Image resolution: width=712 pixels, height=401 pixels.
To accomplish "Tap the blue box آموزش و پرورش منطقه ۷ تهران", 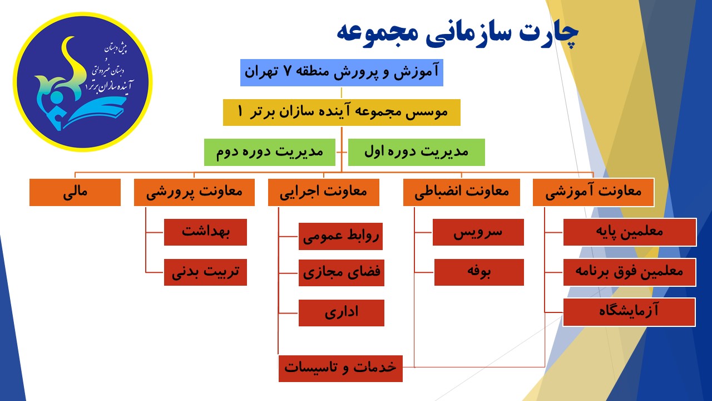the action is [x=342, y=72].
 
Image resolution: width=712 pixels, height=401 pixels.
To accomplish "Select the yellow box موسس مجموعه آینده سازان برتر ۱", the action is [x=342, y=113].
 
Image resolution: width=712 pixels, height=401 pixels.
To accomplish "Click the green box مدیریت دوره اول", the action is [x=417, y=152].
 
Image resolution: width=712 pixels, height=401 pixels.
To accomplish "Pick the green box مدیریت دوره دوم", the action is [x=270, y=152].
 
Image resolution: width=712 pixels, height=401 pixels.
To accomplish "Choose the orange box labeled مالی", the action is [x=75, y=192].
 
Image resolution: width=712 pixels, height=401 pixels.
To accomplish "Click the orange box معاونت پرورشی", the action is [x=194, y=192].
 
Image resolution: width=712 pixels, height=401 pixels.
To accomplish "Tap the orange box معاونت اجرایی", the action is [x=324, y=192].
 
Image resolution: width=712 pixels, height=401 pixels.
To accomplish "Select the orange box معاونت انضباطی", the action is [x=462, y=192].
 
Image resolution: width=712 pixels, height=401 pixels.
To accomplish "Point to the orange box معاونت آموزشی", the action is [x=594, y=192].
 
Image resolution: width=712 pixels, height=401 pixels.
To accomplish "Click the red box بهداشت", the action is [x=205, y=232].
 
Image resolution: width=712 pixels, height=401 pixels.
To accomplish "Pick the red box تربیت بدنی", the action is [x=205, y=272].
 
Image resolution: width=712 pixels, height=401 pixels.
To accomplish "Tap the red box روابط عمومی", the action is [x=340, y=236].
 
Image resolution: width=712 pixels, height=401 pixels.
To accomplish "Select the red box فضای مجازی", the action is [x=342, y=273].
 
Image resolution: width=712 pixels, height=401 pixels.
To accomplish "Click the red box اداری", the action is [x=342, y=313].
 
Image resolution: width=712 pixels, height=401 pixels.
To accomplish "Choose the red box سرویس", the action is [x=478, y=232].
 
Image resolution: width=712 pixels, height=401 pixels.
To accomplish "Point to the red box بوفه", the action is [x=479, y=272].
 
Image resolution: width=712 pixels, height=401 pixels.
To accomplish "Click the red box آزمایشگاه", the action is [x=629, y=312].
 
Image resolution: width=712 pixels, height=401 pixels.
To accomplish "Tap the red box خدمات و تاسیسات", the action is [x=340, y=369].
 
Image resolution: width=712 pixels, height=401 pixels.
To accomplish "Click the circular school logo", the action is [x=83, y=82].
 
